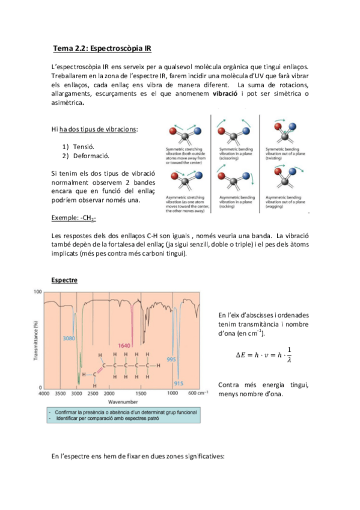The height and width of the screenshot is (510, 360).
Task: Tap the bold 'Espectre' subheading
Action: (64, 280)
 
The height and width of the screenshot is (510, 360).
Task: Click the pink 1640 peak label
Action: (124, 346)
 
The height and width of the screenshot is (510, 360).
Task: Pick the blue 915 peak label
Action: (178, 383)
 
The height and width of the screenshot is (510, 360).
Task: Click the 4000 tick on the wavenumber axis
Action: (44, 393)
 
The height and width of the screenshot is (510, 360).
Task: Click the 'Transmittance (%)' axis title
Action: (37, 340)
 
